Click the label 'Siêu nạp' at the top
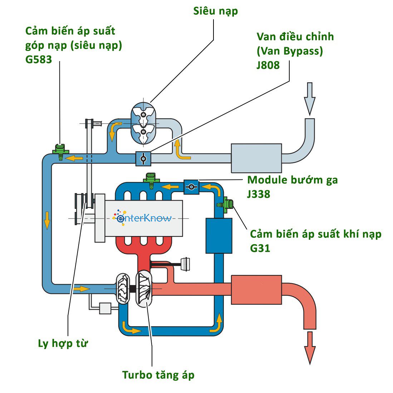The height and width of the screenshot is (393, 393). click(x=215, y=11)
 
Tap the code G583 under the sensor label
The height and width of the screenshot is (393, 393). click(x=39, y=59)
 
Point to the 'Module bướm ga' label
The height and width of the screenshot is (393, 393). click(x=292, y=180)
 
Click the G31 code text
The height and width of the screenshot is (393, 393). click(x=260, y=248)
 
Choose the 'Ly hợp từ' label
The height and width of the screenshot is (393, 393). click(x=63, y=344)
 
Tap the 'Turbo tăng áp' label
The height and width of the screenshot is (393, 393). click(x=158, y=375)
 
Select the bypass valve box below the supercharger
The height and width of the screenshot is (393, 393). click(x=143, y=158)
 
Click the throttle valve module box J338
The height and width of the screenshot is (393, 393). click(x=191, y=187)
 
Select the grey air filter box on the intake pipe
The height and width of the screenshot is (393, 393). click(x=256, y=158)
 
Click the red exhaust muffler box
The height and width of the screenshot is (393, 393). click(x=256, y=289)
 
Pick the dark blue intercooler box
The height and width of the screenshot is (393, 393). click(x=219, y=236)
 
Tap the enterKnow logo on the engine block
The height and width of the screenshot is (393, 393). click(x=143, y=217)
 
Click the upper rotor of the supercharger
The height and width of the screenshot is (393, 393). click(x=143, y=114)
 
